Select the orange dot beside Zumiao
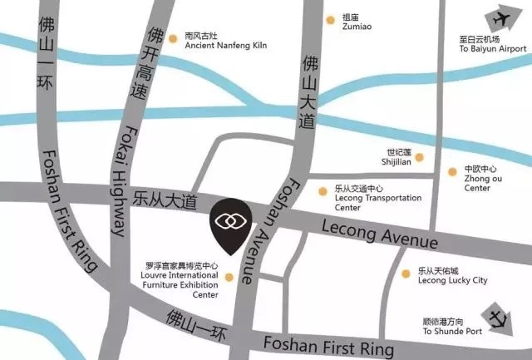coord(332,17)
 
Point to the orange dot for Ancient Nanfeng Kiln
coord(173,37)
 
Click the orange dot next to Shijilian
coord(419,156)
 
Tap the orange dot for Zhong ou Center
coord(452,172)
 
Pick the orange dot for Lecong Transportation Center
coord(323,191)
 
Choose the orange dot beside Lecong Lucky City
coord(405,274)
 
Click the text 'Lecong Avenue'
coord(378,234)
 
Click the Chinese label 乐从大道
coord(165,200)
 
